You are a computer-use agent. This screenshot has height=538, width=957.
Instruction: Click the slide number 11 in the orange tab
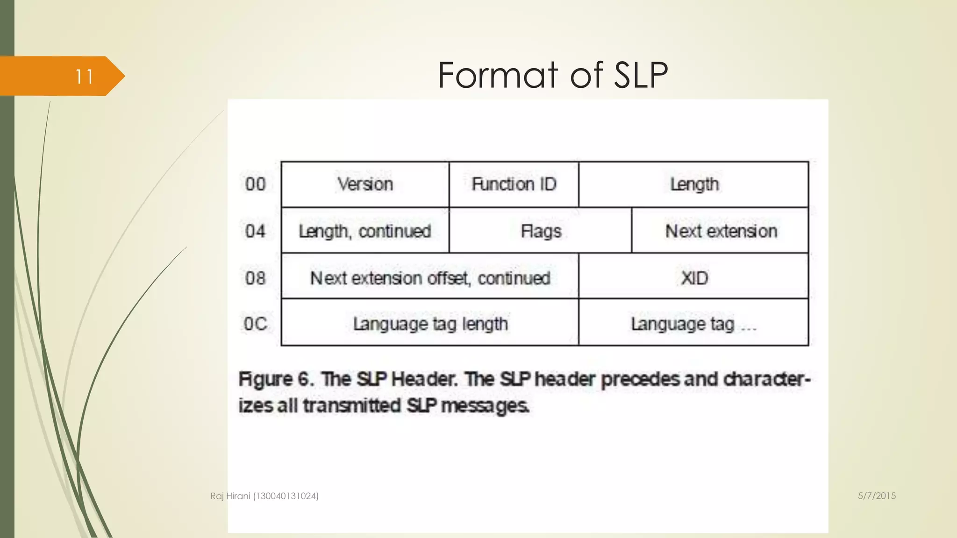tap(84, 77)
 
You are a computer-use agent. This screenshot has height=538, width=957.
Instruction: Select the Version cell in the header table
tap(365, 184)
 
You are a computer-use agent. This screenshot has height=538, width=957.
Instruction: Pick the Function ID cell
tap(514, 184)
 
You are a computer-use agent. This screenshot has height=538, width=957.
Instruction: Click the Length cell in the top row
tap(694, 184)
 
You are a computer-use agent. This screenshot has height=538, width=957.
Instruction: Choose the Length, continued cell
tap(365, 231)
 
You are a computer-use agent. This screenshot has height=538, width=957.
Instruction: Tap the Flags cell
tap(541, 231)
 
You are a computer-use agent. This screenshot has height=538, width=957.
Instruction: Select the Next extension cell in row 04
tap(721, 231)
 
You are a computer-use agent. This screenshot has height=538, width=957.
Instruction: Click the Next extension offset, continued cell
tap(430, 278)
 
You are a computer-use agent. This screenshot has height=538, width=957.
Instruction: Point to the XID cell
tap(694, 278)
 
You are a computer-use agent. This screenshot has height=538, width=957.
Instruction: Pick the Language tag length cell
tap(430, 324)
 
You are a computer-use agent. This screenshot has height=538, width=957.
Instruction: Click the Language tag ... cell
tap(694, 324)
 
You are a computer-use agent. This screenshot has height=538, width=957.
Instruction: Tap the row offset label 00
tap(255, 184)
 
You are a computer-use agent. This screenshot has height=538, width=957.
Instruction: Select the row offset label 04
tap(255, 231)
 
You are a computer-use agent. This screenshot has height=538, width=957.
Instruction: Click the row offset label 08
tap(255, 278)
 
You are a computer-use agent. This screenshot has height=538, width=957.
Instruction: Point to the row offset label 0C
tap(255, 324)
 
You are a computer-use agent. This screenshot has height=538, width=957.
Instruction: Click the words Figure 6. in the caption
tap(276, 379)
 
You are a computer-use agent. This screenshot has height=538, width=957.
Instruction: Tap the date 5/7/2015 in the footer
tap(877, 496)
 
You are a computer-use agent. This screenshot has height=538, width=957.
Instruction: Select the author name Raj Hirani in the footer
tap(230, 496)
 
